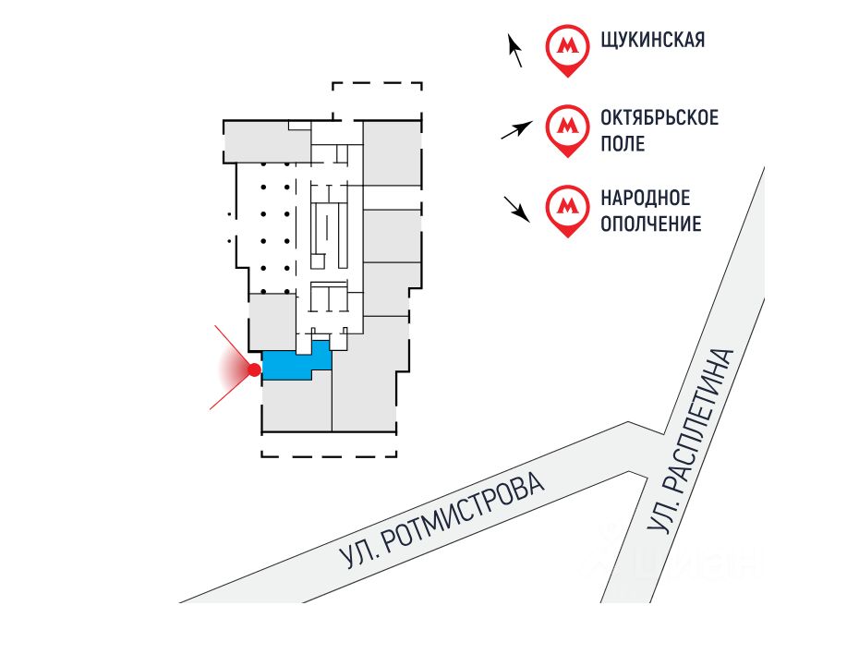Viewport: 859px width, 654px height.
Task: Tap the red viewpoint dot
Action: pyautogui.click(x=254, y=369)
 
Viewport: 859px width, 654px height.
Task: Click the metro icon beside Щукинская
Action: pyautogui.click(x=567, y=48)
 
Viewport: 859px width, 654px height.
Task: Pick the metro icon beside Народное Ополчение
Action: pyautogui.click(x=567, y=210)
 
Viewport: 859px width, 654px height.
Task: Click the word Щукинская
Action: pyautogui.click(x=652, y=40)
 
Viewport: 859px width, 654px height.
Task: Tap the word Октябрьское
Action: pyautogui.click(x=659, y=117)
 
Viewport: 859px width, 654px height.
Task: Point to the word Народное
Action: pyautogui.click(x=646, y=198)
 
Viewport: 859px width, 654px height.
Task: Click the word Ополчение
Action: pyautogui.click(x=651, y=224)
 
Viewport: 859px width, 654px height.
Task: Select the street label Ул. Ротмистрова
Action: pyautogui.click(x=442, y=520)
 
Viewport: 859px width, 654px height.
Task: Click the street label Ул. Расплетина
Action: pyautogui.click(x=690, y=440)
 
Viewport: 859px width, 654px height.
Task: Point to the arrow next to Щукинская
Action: pyautogui.click(x=515, y=51)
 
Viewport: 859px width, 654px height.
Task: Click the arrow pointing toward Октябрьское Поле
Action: pyautogui.click(x=516, y=130)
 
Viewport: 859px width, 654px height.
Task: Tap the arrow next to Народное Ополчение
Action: pyautogui.click(x=517, y=210)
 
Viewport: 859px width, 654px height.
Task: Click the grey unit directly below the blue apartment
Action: pyautogui.click(x=296, y=406)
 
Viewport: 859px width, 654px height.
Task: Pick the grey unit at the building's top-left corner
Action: pyautogui.click(x=266, y=142)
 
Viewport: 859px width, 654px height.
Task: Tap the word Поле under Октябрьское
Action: pyautogui.click(x=623, y=144)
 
